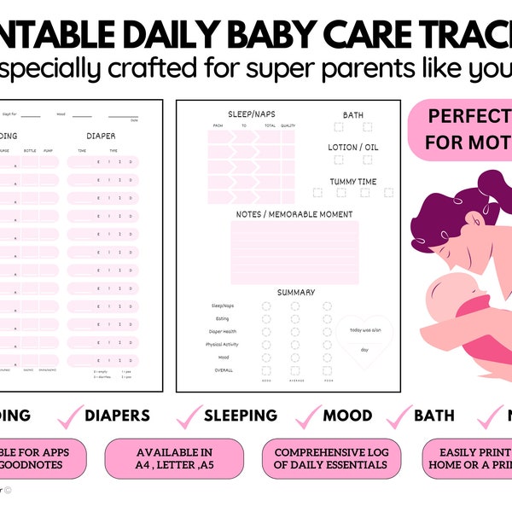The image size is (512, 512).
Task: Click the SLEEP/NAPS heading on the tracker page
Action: pos(251,113)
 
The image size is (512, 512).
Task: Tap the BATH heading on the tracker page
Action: pos(352,114)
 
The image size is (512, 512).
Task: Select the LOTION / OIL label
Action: pos(353,148)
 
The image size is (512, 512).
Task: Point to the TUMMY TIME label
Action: pos(353,181)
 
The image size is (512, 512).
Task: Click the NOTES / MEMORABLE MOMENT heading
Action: pos(294,213)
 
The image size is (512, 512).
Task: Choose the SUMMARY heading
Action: pos(295,293)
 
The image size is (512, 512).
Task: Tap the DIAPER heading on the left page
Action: pos(101,135)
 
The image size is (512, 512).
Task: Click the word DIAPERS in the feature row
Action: pos(117,416)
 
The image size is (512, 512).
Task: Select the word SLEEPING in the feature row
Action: pos(240,416)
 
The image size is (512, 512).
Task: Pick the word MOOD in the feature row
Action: pos(346,416)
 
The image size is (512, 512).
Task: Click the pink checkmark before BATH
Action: pos(399,416)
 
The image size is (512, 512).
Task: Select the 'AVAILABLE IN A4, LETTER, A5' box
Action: pos(174,458)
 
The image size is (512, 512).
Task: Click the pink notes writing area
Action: pos(294,252)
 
